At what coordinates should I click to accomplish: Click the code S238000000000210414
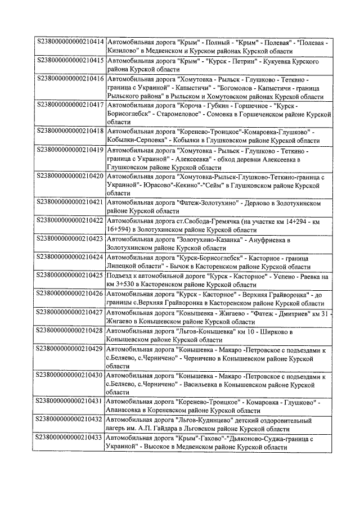pyautogui.click(x=70, y=42)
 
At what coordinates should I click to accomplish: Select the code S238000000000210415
pyautogui.click(x=70, y=60)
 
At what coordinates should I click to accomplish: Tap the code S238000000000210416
pyautogui.click(x=70, y=78)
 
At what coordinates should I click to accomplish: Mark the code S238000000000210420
pyautogui.click(x=70, y=176)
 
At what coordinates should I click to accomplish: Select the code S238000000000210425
pyautogui.click(x=70, y=275)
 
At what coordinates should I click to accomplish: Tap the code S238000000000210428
pyautogui.click(x=70, y=330)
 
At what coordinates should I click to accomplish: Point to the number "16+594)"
pyautogui.click(x=119, y=229)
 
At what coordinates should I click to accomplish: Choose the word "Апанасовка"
pyautogui.click(x=126, y=411)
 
